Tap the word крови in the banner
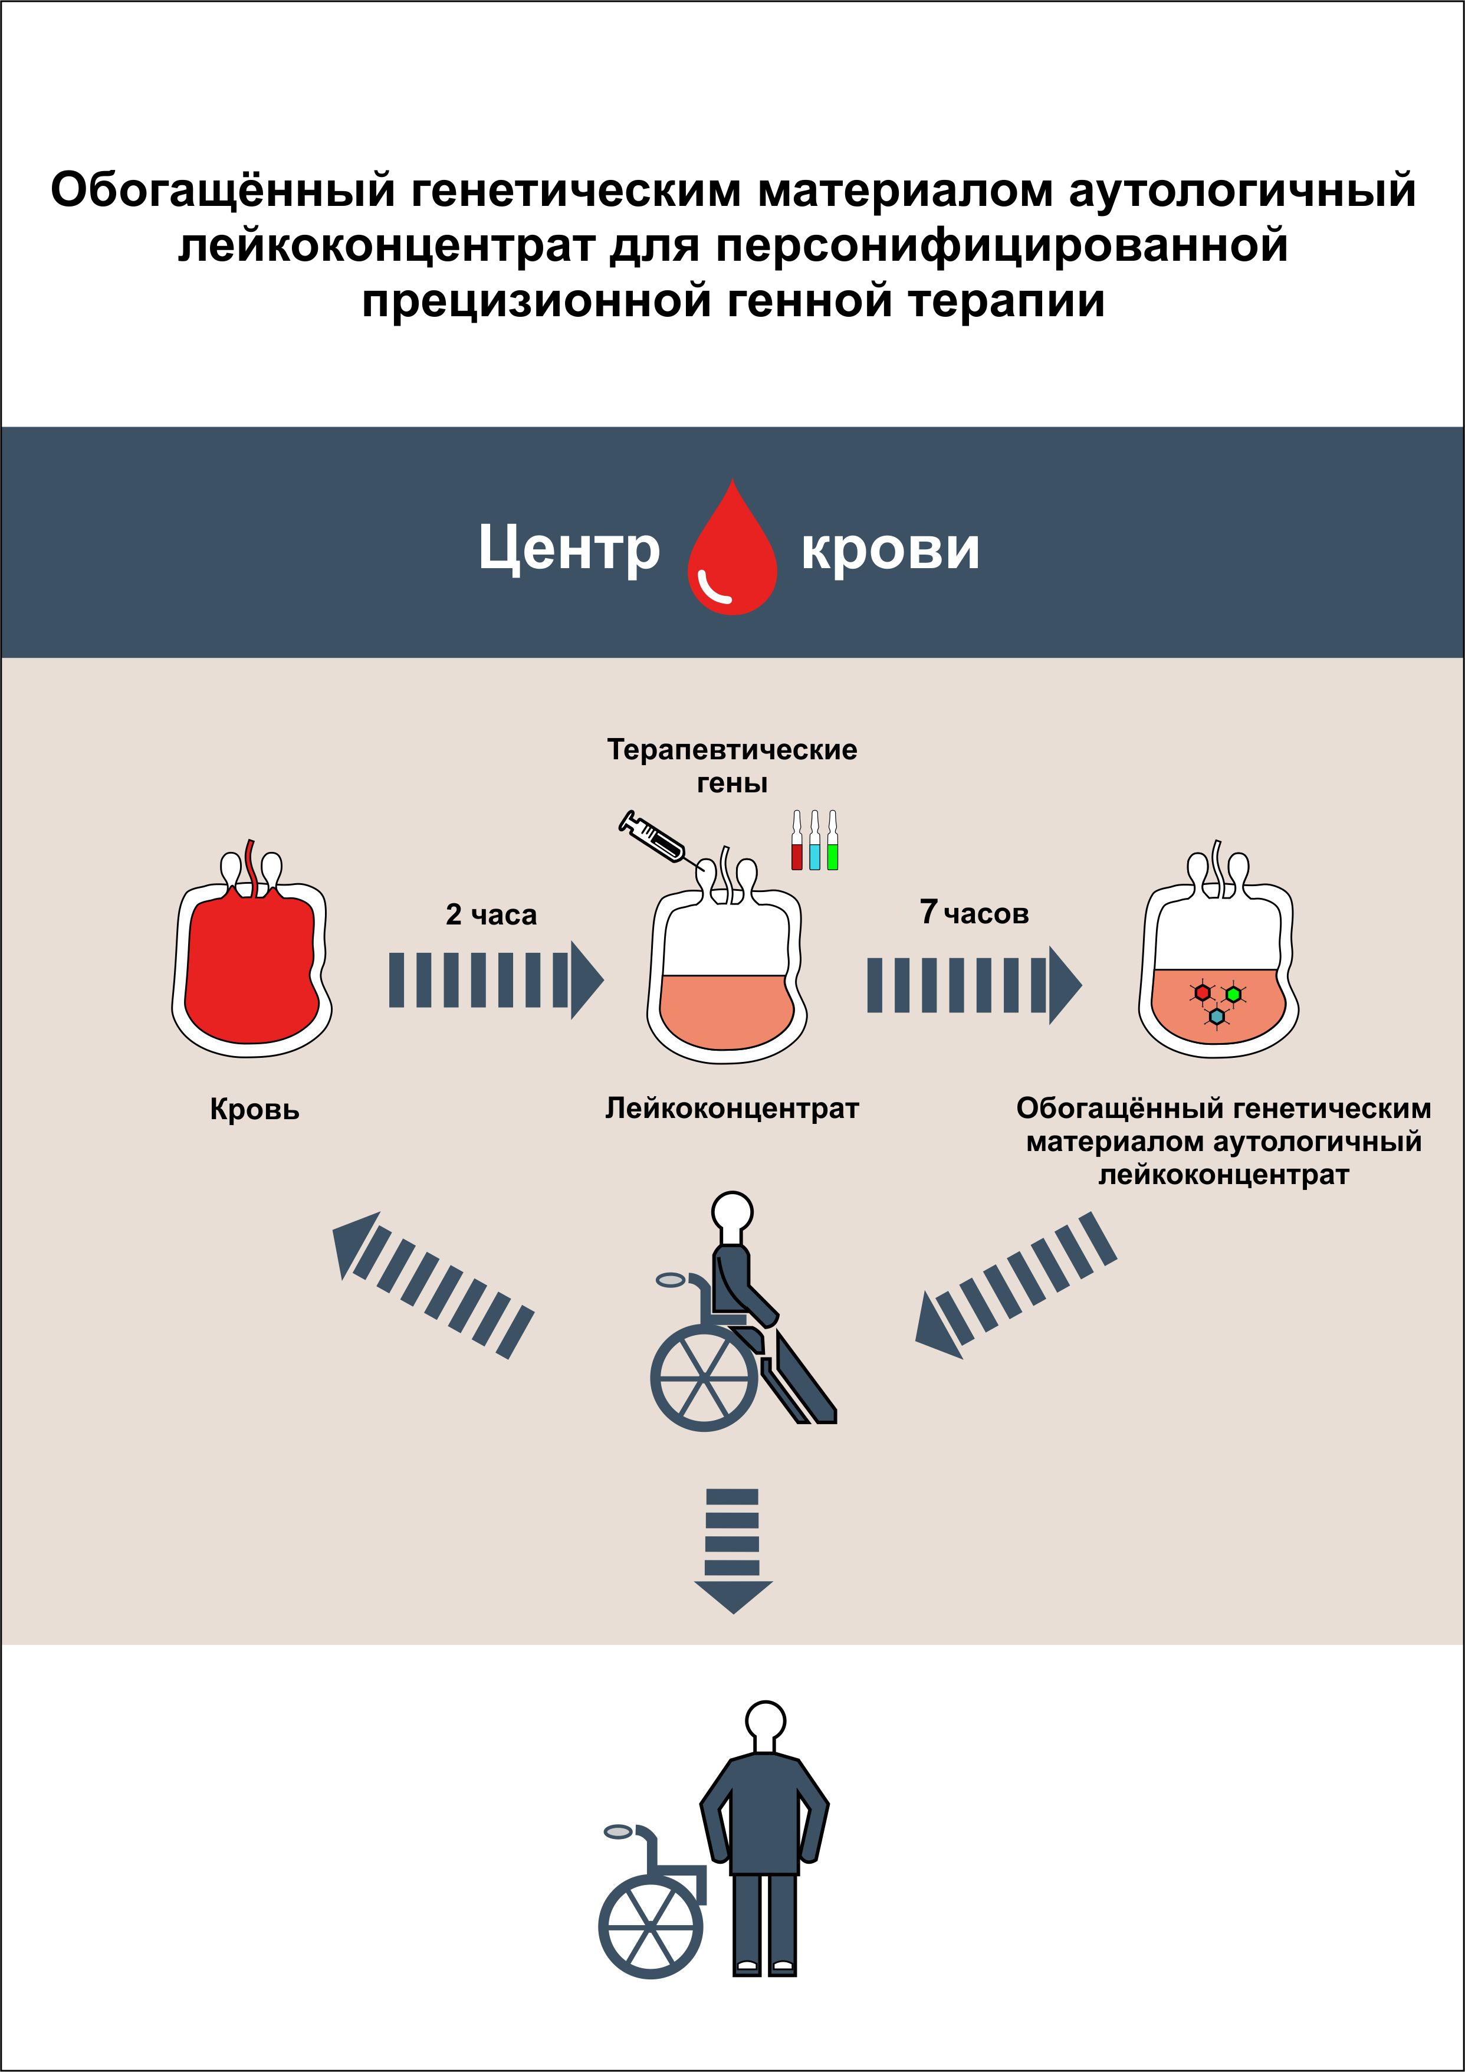[x=891, y=550]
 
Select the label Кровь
[x=254, y=1109]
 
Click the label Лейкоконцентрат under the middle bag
[x=731, y=1108]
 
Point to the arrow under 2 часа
[x=496, y=980]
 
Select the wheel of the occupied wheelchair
[x=705, y=1378]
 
